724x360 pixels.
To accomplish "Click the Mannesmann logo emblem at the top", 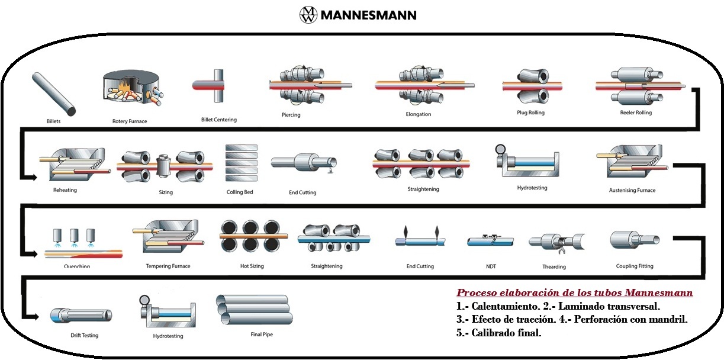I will pyautogui.click(x=308, y=15).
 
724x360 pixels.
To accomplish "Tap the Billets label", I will pyautogui.click(x=53, y=121).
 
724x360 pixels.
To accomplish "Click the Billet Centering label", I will pyautogui.click(x=218, y=120).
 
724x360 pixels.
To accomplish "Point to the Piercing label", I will pyautogui.click(x=291, y=115).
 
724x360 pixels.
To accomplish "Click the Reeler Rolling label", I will pyautogui.click(x=635, y=112).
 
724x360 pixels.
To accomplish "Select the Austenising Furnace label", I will pyautogui.click(x=632, y=190).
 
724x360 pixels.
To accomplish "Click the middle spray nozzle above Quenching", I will pyautogui.click(x=75, y=233).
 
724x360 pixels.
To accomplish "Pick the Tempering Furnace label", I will pyautogui.click(x=168, y=266).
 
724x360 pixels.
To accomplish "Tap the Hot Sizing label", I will pyautogui.click(x=252, y=266).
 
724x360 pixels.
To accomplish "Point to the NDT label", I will pyautogui.click(x=490, y=266).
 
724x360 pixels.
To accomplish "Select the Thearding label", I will pyautogui.click(x=554, y=266).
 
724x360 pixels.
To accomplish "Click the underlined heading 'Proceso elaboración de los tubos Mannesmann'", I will pyautogui.click(x=574, y=293).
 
